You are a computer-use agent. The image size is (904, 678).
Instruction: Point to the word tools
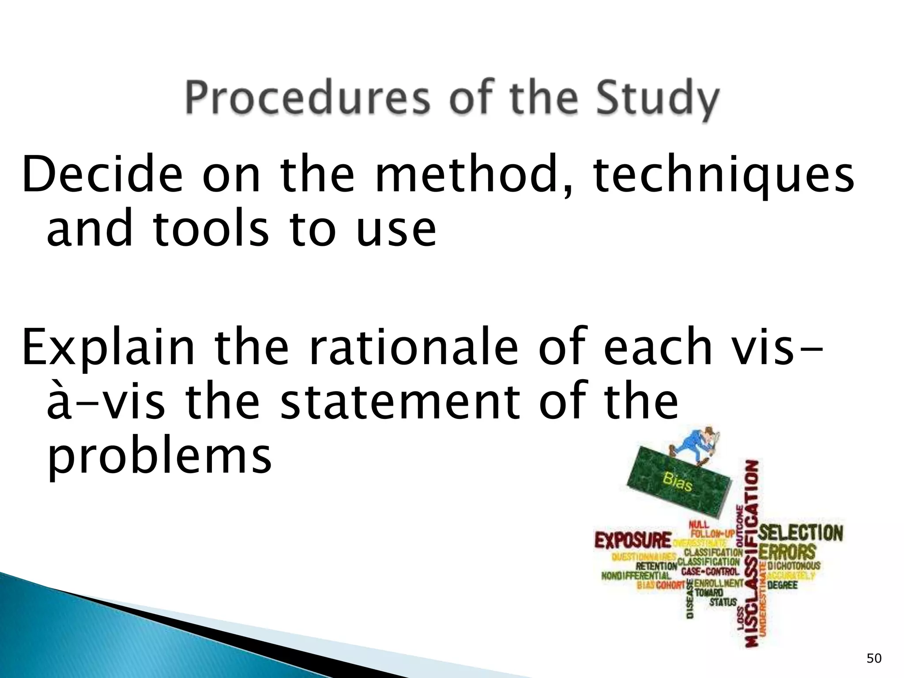coord(211,229)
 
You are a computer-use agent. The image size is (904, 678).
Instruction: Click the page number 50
coord(874,659)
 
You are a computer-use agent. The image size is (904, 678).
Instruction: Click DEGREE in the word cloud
coord(782,585)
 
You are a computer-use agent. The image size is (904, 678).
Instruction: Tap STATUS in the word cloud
coord(723,602)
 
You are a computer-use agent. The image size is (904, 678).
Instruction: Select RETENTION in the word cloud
coord(656,566)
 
